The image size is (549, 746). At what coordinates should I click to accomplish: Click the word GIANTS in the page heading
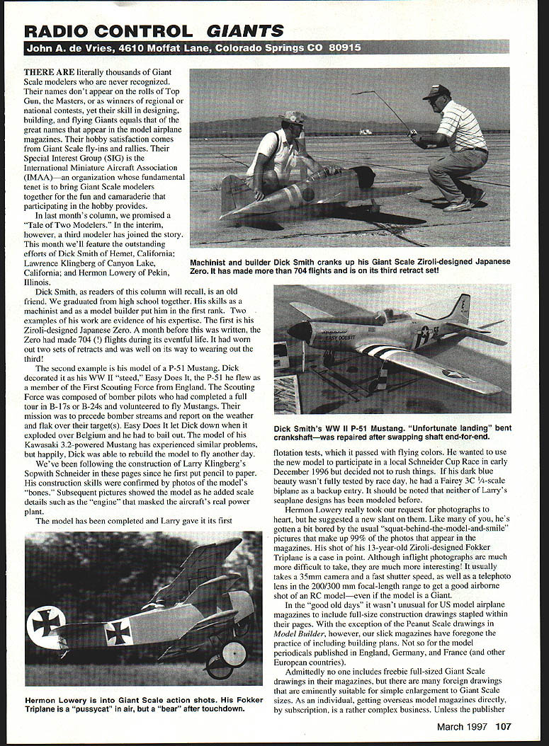245,30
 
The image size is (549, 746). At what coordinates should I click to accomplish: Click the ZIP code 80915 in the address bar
341,48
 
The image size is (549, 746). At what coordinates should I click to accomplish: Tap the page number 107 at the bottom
502,725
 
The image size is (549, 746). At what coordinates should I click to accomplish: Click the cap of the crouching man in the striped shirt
436,91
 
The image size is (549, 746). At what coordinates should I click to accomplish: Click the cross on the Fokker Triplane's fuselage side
118,632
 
